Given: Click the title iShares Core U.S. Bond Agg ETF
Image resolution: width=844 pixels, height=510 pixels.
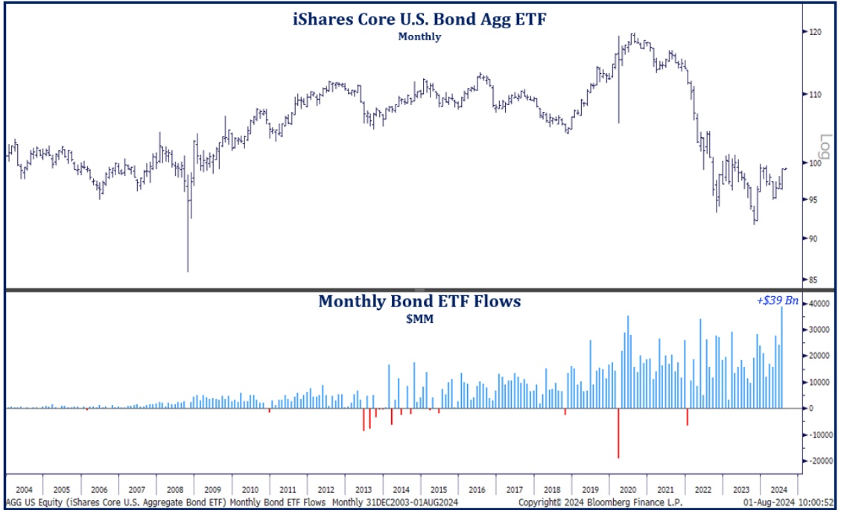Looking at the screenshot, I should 420,19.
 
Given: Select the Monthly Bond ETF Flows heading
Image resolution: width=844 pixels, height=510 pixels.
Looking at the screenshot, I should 419,301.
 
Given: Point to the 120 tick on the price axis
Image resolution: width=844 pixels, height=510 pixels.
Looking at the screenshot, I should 816,32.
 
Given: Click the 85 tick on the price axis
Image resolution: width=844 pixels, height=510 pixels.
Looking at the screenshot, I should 814,280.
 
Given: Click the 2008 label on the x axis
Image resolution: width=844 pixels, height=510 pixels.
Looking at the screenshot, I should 174,490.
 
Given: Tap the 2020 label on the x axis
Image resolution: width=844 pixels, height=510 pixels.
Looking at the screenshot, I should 627,490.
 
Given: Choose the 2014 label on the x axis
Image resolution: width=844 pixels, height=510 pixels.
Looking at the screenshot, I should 401,490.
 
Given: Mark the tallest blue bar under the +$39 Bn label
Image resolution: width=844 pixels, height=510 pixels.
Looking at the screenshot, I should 782,358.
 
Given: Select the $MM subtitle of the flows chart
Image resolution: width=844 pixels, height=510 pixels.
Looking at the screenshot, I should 419,319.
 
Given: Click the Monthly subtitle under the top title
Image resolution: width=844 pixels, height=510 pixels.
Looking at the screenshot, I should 419,36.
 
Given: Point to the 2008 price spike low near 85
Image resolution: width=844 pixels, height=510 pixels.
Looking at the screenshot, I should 188,270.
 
